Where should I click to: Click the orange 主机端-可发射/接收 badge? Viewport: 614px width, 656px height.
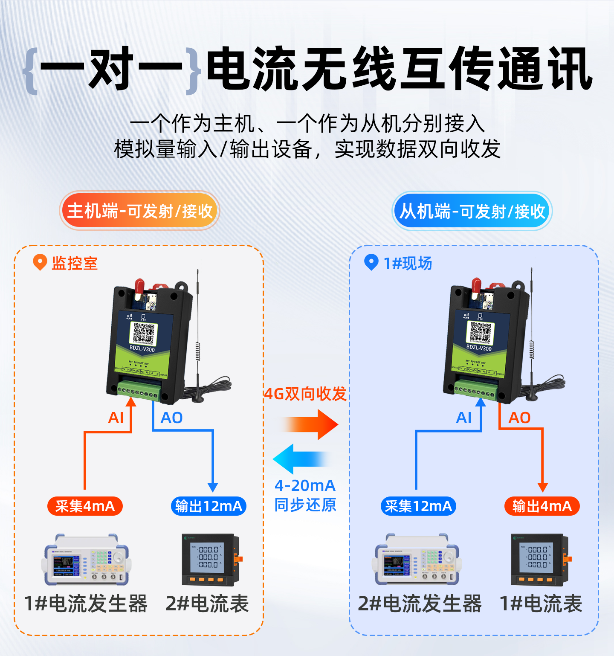[139, 211]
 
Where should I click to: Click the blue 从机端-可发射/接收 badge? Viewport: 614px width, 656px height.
[472, 211]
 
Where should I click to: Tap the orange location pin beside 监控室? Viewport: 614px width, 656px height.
[40, 262]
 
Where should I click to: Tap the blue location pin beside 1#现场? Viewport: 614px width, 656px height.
[371, 262]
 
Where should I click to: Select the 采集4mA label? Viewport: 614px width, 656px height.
[85, 506]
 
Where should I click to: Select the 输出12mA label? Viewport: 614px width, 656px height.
[209, 506]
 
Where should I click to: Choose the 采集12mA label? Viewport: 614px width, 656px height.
[418, 506]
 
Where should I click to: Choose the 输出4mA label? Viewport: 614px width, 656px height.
[542, 506]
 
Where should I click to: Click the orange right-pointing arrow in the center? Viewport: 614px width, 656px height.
[313, 425]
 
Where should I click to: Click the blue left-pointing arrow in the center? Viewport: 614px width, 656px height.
[301, 459]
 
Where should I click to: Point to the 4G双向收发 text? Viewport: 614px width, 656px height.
[305, 394]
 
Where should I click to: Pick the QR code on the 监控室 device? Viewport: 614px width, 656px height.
[144, 333]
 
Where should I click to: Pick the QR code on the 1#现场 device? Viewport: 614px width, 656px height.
[481, 332]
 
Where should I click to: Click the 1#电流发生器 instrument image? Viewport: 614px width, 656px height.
[86, 559]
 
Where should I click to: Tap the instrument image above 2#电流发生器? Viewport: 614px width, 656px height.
[417, 559]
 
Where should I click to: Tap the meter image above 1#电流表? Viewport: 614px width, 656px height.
[540, 559]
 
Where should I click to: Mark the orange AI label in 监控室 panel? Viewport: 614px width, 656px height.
[116, 418]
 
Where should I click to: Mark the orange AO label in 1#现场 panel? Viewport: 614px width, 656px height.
[519, 418]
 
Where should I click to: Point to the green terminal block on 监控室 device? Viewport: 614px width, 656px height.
[139, 391]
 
